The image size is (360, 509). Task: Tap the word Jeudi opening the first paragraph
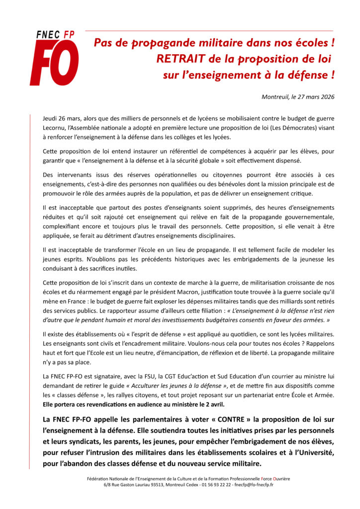(52, 119)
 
